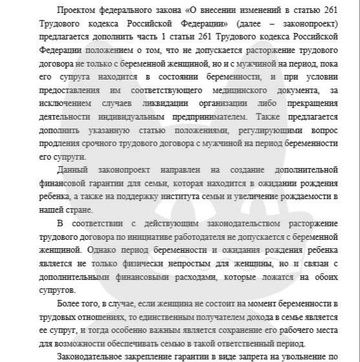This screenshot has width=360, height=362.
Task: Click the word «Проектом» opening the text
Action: (74, 11)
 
